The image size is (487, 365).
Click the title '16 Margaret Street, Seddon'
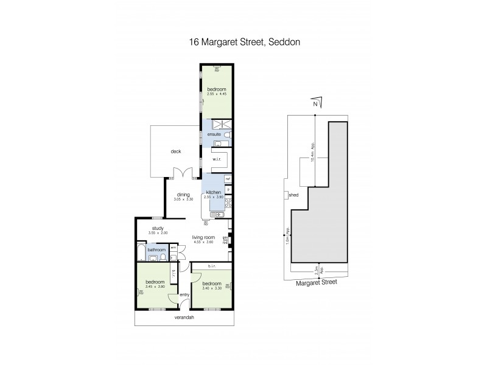point(243,43)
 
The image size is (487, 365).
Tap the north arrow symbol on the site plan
point(315,104)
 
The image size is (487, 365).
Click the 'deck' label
point(176,151)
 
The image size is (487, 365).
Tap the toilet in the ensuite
point(226,134)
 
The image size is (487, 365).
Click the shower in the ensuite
point(219,124)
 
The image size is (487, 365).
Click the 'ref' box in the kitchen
point(228,179)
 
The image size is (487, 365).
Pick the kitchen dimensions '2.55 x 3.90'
point(214,198)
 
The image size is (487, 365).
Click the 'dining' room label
point(183,195)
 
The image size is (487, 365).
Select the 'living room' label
point(204,237)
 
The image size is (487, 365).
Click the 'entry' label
point(184,295)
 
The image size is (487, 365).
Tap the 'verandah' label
point(184,318)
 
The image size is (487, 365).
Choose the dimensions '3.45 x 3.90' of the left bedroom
point(156,287)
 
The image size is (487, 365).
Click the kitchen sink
point(216,214)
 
